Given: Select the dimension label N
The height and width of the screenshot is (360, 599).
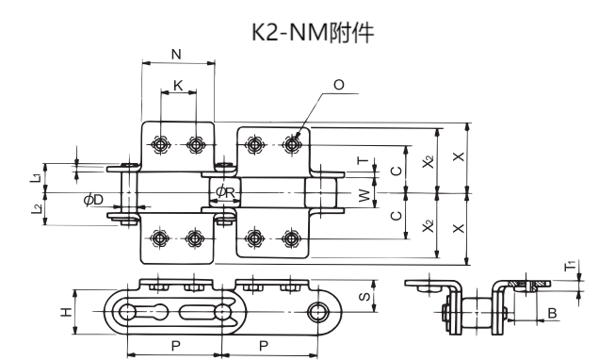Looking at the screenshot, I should click(x=177, y=55).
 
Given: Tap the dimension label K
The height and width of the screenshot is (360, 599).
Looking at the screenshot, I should click(x=178, y=85).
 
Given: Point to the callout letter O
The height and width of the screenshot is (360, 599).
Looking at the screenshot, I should click(x=339, y=85).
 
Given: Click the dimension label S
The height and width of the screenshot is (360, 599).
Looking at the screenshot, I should click(x=364, y=297).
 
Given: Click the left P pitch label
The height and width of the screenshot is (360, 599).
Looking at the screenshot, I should click(x=175, y=345).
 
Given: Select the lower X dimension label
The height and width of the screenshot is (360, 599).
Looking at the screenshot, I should click(x=458, y=227).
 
